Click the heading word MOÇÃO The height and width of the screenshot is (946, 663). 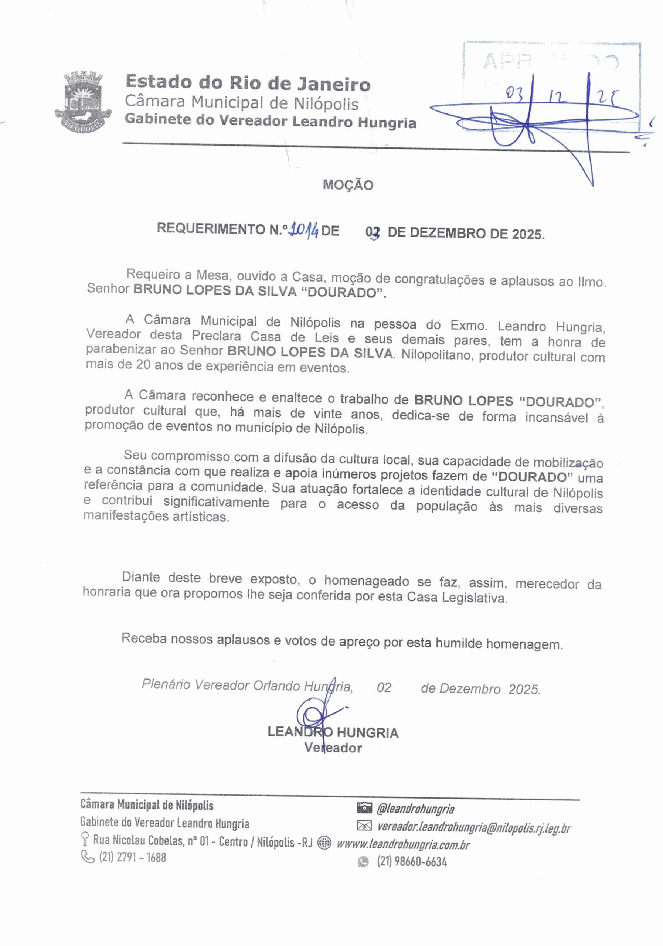[x=348, y=185]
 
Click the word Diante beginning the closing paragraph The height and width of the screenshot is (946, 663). [x=140, y=577]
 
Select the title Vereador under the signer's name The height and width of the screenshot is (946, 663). [x=333, y=748]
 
